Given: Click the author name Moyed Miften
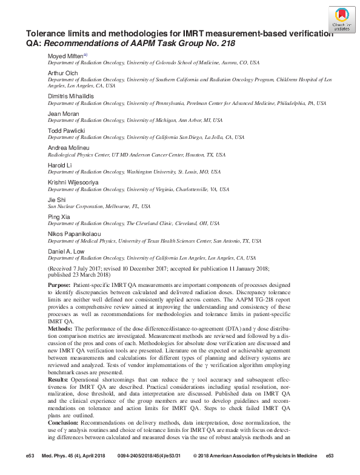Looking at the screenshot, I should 66,56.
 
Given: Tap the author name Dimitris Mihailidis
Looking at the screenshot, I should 71,96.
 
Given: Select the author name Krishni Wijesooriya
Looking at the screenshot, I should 73,181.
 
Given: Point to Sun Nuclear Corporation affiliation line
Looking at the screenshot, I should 99,206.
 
